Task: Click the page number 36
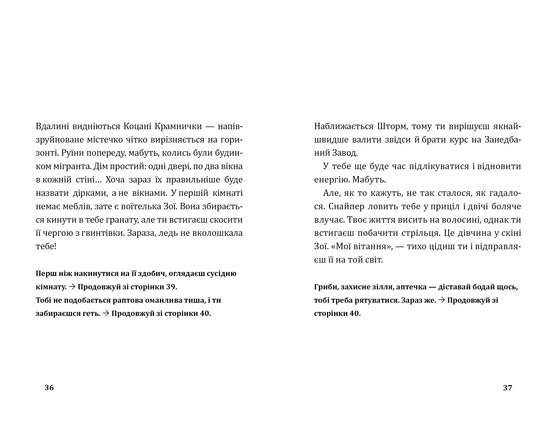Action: (49, 388)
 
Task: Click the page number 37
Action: (508, 388)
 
